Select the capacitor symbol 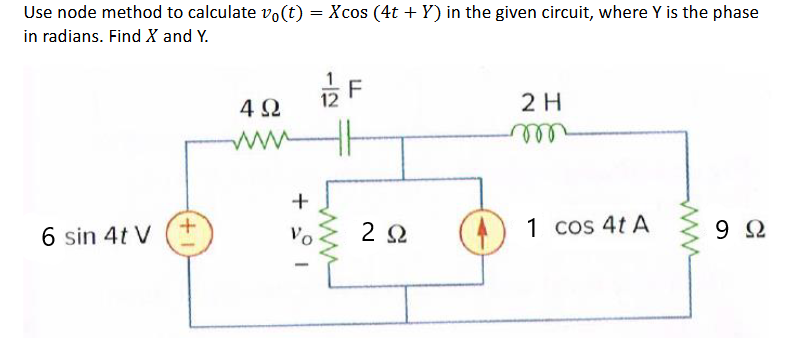click(x=345, y=135)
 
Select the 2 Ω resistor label click(x=380, y=233)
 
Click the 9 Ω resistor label click(x=746, y=233)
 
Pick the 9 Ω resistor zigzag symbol click(x=688, y=232)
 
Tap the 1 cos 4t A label click(x=587, y=226)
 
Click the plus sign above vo click(x=295, y=200)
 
